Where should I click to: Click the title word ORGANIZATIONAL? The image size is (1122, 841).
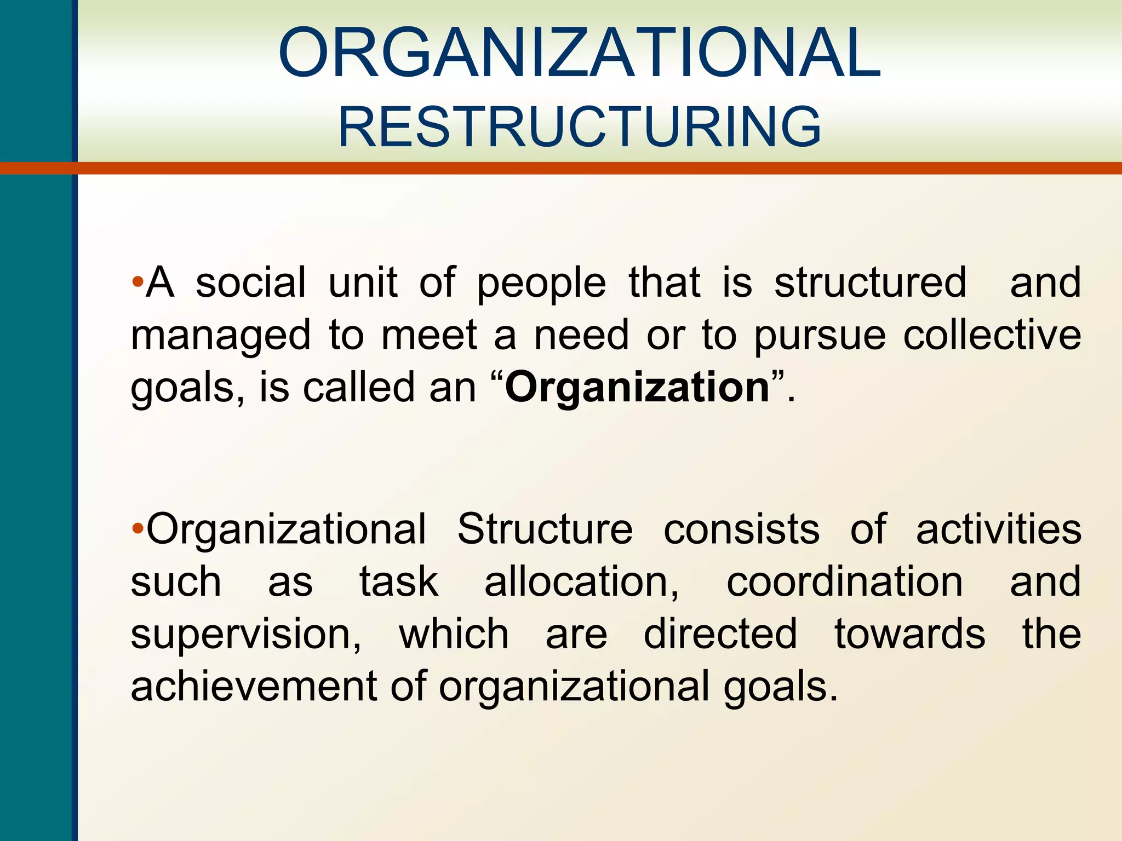coord(580,54)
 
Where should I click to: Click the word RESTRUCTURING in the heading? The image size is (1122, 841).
coord(580,127)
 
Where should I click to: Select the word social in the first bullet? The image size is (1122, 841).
coord(251,283)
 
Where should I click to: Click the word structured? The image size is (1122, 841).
coord(871,283)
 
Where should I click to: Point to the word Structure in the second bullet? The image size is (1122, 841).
coord(545,529)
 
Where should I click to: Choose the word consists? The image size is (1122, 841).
coord(742,529)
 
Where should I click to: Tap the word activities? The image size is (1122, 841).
coord(999,529)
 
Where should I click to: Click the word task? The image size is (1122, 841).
coord(399,581)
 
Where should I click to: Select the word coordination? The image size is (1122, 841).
coord(844,581)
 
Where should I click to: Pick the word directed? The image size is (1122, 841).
coord(720,634)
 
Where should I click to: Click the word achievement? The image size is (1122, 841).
coord(253,687)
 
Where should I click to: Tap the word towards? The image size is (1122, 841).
coord(910,634)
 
